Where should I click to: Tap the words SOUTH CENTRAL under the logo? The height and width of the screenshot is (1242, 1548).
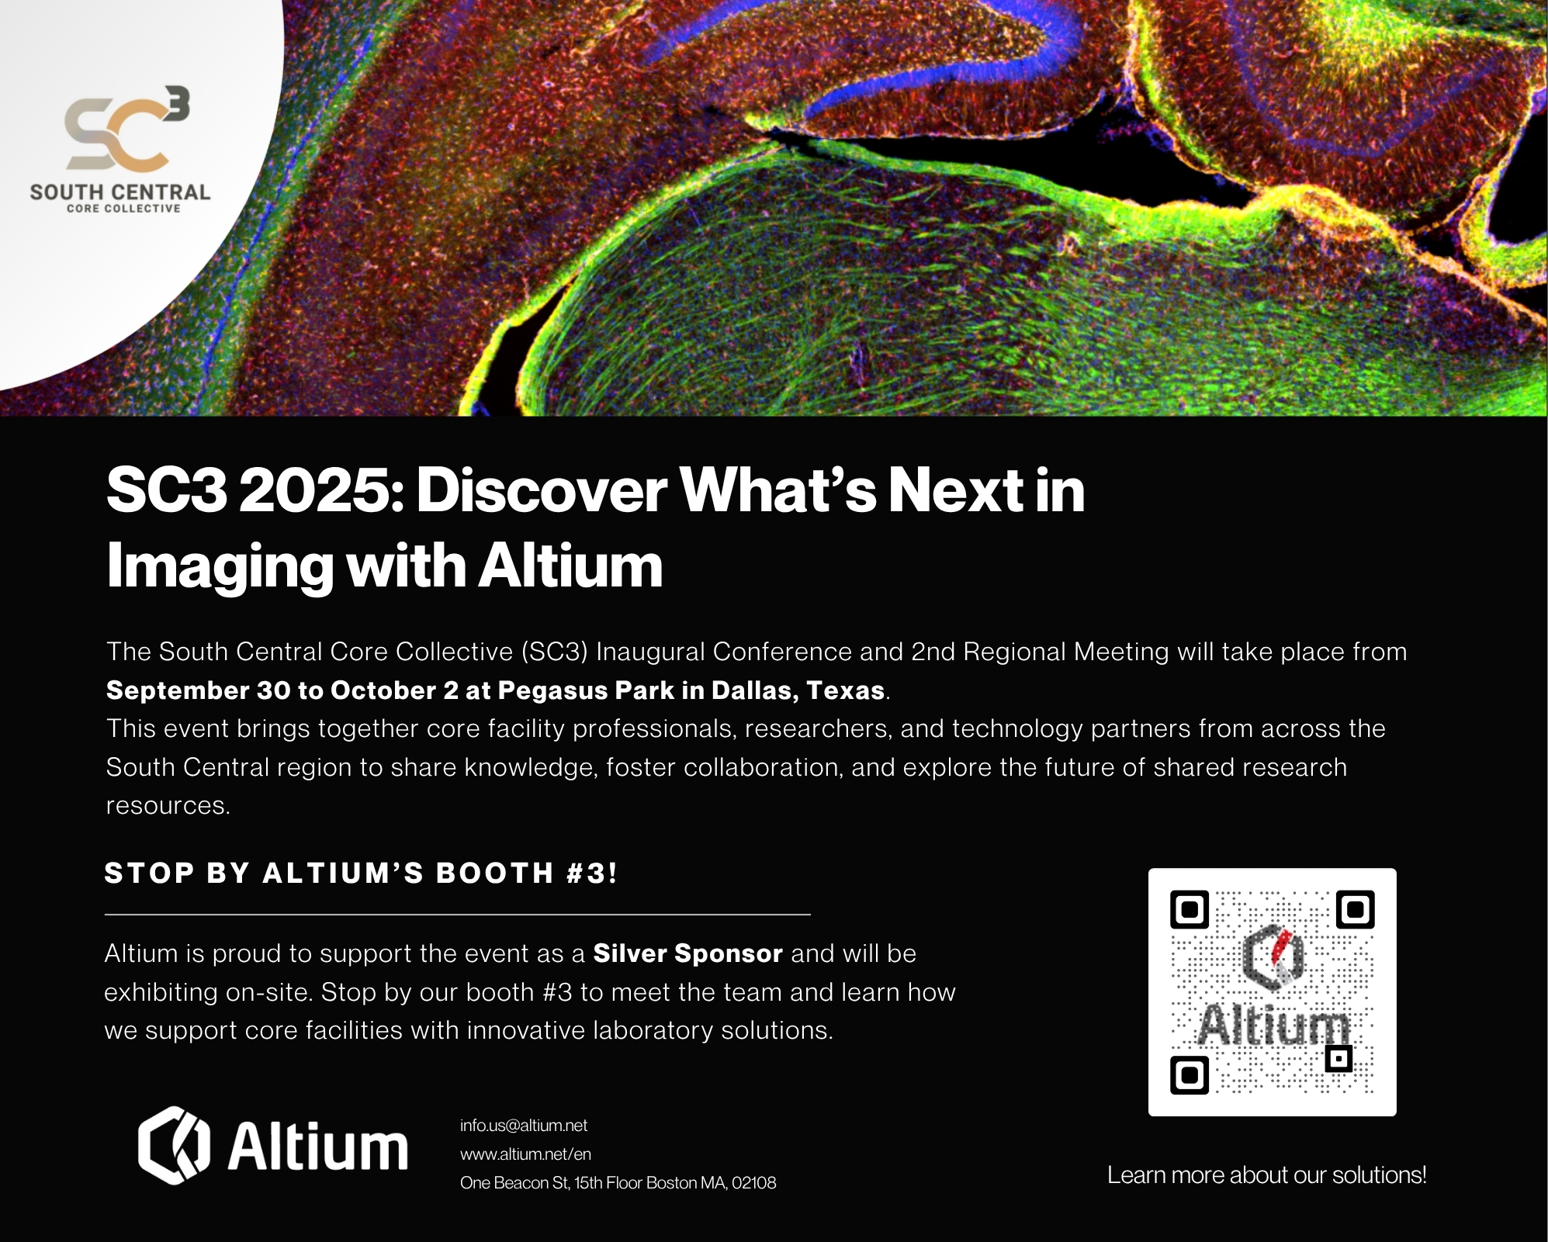[120, 192]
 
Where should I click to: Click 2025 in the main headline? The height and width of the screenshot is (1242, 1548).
[320, 490]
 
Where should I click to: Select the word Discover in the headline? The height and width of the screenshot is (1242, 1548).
[541, 490]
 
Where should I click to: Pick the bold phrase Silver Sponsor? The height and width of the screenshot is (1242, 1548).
[687, 953]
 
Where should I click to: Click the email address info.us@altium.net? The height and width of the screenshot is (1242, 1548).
[524, 1126]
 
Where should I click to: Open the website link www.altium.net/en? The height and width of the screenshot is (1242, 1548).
[525, 1154]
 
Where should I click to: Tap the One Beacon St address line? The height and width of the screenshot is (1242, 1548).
[618, 1183]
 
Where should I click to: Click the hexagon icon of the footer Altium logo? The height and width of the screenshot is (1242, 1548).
[174, 1145]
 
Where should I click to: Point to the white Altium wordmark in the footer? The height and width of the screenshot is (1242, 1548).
[317, 1147]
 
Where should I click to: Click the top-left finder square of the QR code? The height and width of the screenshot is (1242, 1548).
[1190, 909]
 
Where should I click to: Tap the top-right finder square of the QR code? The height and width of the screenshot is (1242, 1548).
[1356, 909]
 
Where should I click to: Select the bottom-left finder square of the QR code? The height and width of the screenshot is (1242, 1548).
[1190, 1074]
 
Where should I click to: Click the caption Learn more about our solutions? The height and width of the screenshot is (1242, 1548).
[1266, 1175]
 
